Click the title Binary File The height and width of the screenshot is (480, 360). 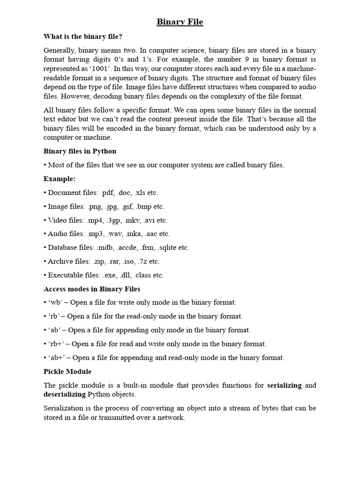point(180,22)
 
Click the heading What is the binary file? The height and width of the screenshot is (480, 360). point(82,36)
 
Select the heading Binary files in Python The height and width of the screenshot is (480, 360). point(80,151)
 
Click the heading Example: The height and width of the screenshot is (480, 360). point(60,179)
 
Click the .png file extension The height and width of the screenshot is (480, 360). point(95,206)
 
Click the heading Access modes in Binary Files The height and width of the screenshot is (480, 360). point(92,289)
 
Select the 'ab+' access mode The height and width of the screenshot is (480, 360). point(57,358)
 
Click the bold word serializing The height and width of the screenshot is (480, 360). point(285,385)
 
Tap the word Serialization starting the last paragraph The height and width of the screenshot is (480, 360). point(64,408)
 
